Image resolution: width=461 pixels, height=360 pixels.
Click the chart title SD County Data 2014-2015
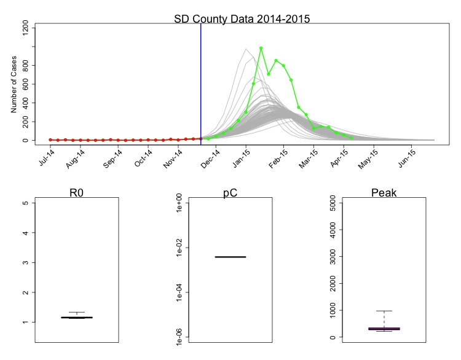click(242, 18)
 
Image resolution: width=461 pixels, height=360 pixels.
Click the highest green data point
click(261, 48)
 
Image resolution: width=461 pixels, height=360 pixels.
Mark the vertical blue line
click(201, 80)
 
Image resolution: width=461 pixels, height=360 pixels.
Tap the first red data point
click(50, 139)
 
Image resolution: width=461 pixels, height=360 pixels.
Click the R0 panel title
click(77, 193)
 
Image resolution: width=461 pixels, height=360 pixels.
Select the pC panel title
click(230, 193)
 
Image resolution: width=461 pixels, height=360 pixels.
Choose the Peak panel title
click(384, 193)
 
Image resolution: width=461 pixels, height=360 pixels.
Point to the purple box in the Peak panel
click(384, 329)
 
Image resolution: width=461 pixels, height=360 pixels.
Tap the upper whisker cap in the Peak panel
click(384, 311)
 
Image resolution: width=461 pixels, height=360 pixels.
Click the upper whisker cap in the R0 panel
click(77, 312)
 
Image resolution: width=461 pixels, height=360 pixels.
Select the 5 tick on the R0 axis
click(25, 203)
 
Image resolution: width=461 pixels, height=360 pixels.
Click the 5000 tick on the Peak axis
click(333, 203)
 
